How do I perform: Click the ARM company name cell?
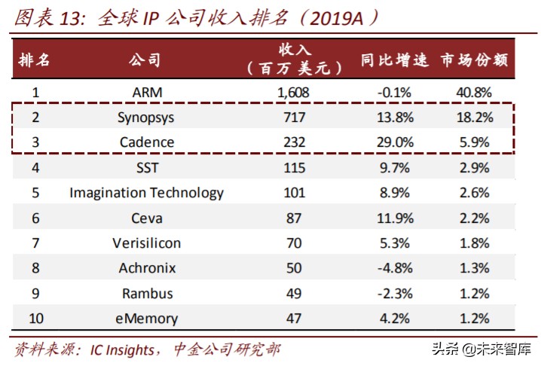click(x=146, y=93)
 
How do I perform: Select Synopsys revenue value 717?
click(x=295, y=117)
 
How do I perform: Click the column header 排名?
click(x=35, y=59)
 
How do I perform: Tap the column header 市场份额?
click(x=475, y=59)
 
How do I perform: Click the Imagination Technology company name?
click(x=146, y=193)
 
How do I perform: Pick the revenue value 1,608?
click(x=294, y=93)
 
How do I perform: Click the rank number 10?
click(x=35, y=318)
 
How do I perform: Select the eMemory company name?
click(x=146, y=318)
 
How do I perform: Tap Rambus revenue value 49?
click(x=295, y=293)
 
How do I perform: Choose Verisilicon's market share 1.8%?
click(x=475, y=242)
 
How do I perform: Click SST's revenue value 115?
click(x=295, y=167)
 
